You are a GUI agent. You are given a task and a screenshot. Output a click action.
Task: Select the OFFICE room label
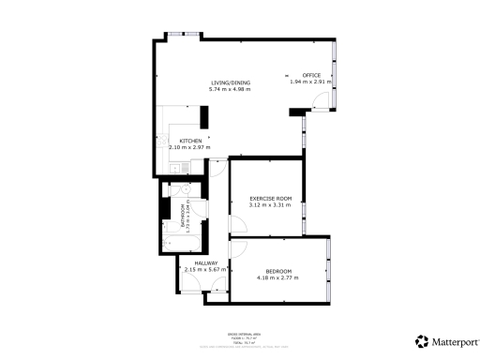pos(310,75)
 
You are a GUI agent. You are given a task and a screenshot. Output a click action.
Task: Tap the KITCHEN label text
pos(190,141)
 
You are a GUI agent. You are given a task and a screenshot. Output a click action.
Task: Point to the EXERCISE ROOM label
pos(271,198)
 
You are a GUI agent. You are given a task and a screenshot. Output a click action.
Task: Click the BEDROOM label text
pos(277,271)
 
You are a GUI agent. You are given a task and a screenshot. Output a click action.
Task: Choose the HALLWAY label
pos(206,263)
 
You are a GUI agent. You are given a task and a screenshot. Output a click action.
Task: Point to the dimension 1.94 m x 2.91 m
pos(310,82)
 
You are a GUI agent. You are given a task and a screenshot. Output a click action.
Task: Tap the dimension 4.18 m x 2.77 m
pos(277,277)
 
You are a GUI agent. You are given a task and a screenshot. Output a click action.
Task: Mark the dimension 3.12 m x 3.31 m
pos(271,204)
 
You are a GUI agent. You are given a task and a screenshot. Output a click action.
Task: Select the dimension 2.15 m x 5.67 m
pos(206,270)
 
